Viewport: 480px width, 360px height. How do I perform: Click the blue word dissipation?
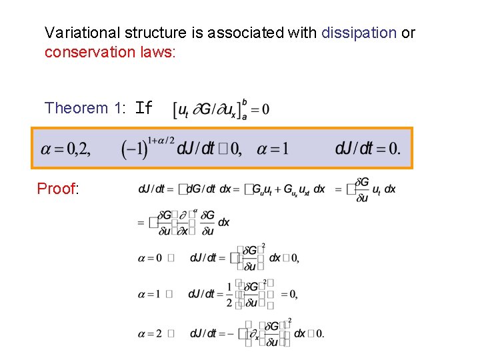(x=359, y=32)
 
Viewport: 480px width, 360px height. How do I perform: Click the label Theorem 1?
(x=85, y=108)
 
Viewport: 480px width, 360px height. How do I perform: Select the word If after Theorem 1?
(x=144, y=108)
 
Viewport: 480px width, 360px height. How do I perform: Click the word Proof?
(x=58, y=189)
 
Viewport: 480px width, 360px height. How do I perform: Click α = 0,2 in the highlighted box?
(x=65, y=149)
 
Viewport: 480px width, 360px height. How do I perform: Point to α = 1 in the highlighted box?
(x=273, y=149)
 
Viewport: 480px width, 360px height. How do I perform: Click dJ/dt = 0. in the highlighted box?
(x=368, y=149)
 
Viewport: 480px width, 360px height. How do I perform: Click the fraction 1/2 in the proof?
(x=229, y=294)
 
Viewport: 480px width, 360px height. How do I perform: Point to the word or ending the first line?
(x=408, y=32)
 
